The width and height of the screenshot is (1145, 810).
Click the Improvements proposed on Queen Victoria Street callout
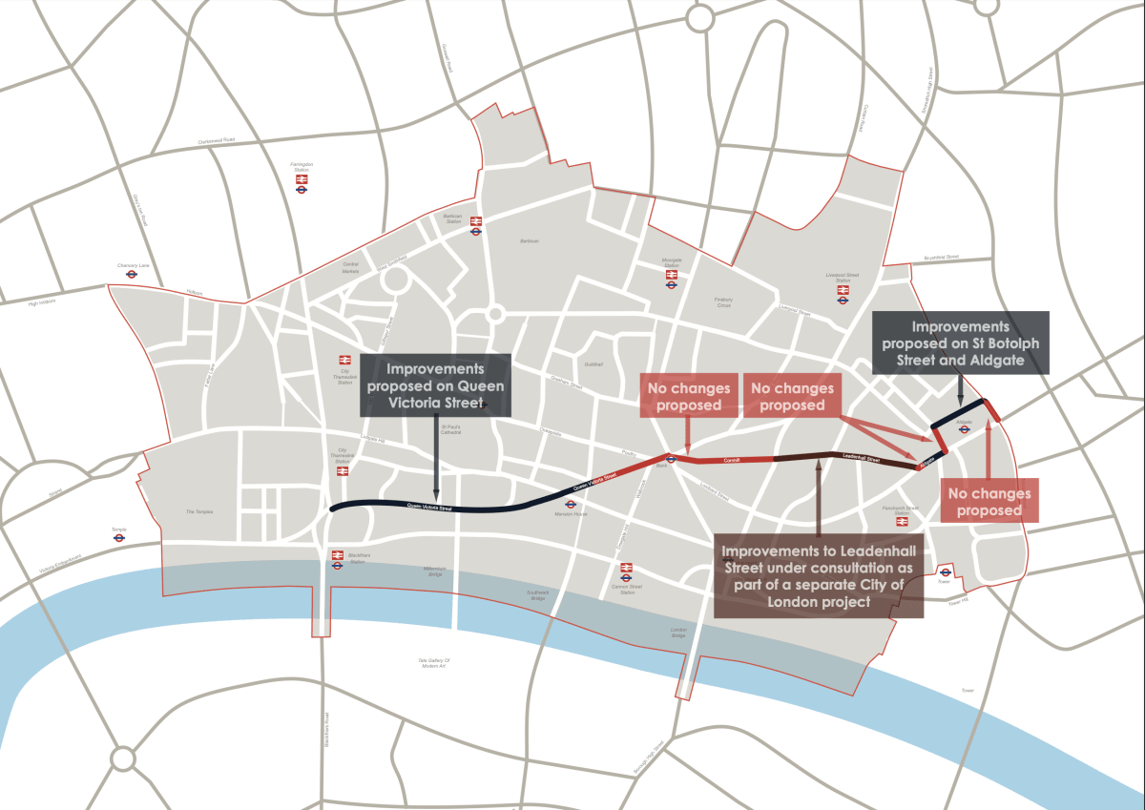pyautogui.click(x=435, y=385)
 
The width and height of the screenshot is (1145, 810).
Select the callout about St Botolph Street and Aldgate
pyautogui.click(x=961, y=343)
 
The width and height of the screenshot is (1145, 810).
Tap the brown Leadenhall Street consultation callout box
pyautogui.click(x=819, y=576)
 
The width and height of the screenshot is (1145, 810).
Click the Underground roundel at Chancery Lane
pyautogui.click(x=131, y=274)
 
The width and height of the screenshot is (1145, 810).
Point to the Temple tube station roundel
pyautogui.click(x=118, y=537)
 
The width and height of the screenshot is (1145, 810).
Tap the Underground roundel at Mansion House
pyautogui.click(x=570, y=505)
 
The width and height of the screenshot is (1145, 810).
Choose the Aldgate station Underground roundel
pyautogui.click(x=964, y=428)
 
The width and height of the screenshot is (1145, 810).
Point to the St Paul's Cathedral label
pyautogui.click(x=451, y=430)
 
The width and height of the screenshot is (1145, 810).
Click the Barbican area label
pyautogui.click(x=529, y=240)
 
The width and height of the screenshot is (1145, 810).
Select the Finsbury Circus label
pyautogui.click(x=723, y=302)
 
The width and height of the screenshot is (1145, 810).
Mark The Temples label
pyautogui.click(x=199, y=512)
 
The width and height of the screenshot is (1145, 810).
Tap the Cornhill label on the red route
pyautogui.click(x=732, y=460)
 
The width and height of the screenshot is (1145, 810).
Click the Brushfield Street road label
pyautogui.click(x=941, y=257)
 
